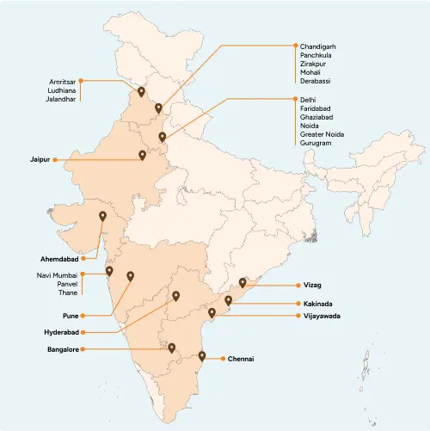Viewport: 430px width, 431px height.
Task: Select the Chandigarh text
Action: click(318, 45)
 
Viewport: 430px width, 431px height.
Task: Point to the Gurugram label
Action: click(316, 143)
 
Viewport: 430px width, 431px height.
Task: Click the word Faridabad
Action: click(316, 109)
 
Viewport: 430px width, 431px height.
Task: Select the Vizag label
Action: click(313, 285)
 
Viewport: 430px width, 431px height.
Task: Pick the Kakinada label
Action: click(319, 304)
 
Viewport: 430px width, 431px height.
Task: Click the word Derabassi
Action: click(316, 81)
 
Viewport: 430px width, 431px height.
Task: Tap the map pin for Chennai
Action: click(202, 355)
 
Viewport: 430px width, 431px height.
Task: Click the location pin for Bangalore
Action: click(172, 348)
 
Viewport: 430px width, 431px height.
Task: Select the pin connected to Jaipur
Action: click(143, 155)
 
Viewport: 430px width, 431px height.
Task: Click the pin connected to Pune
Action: click(131, 276)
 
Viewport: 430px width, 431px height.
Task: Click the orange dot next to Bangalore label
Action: click(85, 350)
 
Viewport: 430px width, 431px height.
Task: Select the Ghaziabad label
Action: click(317, 120)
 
